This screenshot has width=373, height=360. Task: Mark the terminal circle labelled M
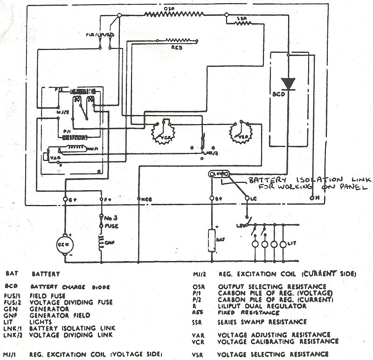click(311, 198)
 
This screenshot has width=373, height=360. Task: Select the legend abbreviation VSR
click(198, 354)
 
